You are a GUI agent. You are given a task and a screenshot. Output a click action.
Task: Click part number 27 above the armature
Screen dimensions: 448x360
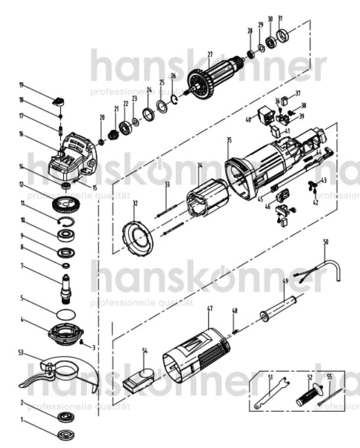(x=210, y=55)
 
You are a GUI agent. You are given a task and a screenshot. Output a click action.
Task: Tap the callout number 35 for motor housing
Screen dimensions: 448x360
(x=229, y=140)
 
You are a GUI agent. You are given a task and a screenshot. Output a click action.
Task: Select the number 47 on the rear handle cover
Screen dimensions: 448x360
(x=210, y=308)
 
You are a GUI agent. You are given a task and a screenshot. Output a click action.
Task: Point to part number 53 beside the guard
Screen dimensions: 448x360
(x=21, y=353)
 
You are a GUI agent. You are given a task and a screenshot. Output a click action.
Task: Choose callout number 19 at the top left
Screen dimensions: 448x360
(x=21, y=85)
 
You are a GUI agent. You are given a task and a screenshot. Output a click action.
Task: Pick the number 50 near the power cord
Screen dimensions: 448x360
(x=325, y=242)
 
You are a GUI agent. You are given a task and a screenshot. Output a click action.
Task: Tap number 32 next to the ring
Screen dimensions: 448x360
(x=135, y=203)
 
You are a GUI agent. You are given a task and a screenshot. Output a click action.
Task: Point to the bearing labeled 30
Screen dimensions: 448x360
(x=272, y=41)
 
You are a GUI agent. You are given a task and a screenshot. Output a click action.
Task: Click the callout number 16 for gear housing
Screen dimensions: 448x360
(x=21, y=134)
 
